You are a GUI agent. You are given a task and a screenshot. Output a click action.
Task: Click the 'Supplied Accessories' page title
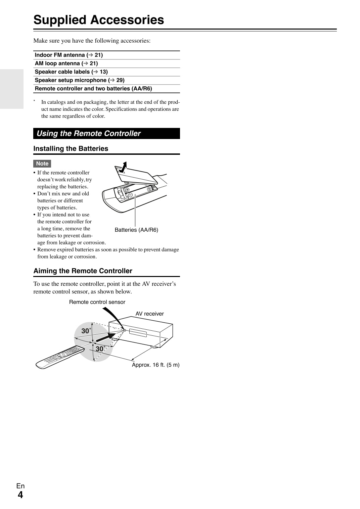[99, 20]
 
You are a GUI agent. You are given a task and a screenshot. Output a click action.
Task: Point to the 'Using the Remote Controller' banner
[106, 133]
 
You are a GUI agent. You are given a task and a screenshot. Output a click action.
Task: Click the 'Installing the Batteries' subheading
[71, 149]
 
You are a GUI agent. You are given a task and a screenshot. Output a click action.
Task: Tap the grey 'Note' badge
[42, 164]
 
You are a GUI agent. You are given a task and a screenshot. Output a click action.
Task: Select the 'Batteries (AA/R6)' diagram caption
[136, 230]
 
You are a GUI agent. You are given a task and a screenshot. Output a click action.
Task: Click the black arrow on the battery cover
[123, 167]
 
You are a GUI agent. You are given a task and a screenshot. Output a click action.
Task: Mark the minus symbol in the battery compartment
[131, 195]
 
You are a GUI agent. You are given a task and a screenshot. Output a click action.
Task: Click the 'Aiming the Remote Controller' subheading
[83, 271]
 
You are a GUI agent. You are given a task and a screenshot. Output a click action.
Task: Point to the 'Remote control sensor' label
[97, 302]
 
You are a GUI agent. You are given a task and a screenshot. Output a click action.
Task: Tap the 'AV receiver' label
[149, 314]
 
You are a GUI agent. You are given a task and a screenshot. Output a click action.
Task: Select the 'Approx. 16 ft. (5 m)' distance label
[155, 365]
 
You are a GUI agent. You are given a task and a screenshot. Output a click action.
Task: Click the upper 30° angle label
[86, 331]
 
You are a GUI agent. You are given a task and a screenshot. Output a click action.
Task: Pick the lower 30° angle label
[100, 349]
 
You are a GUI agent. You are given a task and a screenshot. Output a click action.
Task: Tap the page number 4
[20, 495]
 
